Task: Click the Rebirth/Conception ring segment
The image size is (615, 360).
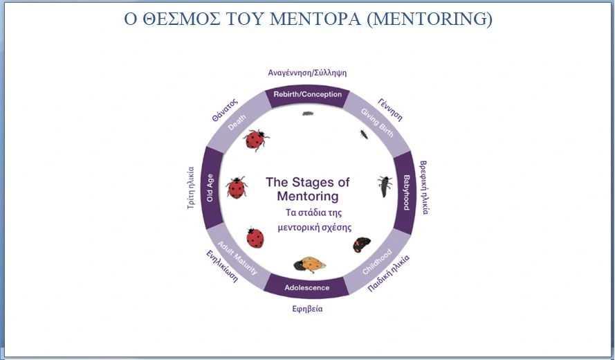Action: point(307,96)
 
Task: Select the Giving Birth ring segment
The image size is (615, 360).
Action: point(377,123)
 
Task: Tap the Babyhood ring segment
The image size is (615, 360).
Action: point(405,192)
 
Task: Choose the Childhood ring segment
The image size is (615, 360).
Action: point(378,261)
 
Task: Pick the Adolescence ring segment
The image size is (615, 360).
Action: point(307,287)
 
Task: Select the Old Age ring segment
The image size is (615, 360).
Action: point(212,188)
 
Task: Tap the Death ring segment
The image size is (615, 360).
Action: point(238,122)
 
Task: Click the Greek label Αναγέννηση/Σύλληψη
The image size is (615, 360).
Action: point(307,73)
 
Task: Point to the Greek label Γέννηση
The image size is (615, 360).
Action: point(390,110)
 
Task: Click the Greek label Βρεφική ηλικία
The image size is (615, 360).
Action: point(424,187)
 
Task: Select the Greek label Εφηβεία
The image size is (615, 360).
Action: point(307,309)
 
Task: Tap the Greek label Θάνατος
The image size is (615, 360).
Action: point(225,110)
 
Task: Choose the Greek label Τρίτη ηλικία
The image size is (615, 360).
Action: point(191,188)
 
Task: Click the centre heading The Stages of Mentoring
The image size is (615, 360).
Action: point(308,189)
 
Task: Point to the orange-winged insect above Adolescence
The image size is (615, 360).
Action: point(310,264)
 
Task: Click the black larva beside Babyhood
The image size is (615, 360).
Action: point(385,186)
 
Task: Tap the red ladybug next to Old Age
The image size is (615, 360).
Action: point(237,187)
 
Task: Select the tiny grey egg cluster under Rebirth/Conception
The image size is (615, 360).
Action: point(308,114)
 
